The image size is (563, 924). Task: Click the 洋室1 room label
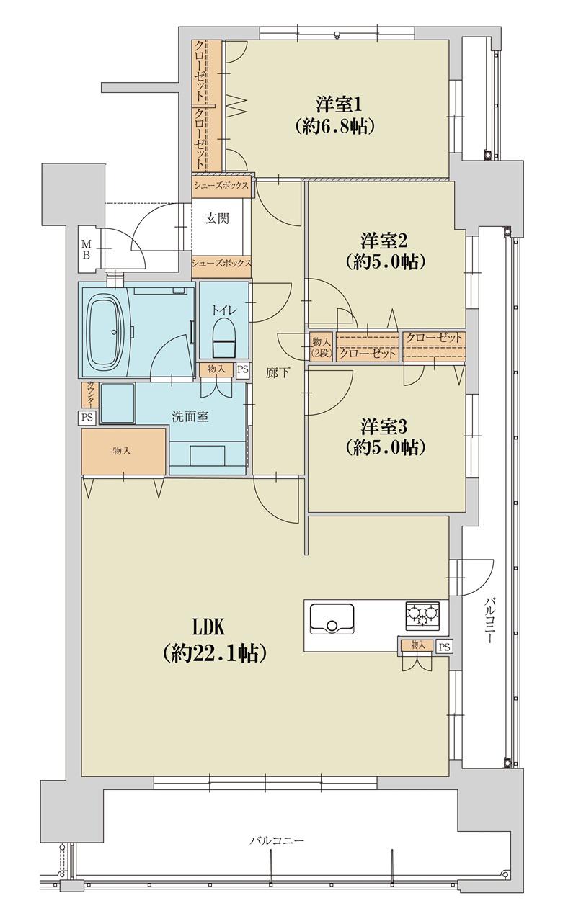point(339,104)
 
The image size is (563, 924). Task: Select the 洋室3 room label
point(384,426)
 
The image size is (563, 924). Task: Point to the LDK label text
point(209,628)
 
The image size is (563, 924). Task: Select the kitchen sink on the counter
point(332,619)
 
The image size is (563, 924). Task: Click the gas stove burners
point(422,616)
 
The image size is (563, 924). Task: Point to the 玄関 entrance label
point(218,219)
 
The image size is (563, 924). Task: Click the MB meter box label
point(86,248)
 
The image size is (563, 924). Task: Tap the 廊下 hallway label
point(277,374)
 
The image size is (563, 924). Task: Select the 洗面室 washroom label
point(190,416)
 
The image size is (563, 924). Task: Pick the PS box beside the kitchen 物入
point(445,647)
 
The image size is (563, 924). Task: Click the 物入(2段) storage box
point(321,347)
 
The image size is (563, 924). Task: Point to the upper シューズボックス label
point(222,185)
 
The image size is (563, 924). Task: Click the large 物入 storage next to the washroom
point(123,452)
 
